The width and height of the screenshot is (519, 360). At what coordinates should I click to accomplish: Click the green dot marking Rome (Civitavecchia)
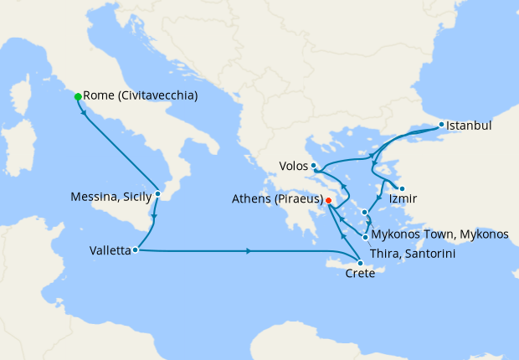(78, 97)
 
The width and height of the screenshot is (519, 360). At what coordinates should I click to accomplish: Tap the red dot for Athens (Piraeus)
(329, 201)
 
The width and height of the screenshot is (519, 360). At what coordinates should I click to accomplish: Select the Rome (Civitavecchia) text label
(141, 96)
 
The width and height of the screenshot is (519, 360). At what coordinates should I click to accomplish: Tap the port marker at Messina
(158, 193)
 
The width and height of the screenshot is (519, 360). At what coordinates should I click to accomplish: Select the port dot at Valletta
(136, 249)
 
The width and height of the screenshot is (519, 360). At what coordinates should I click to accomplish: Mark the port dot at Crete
(360, 264)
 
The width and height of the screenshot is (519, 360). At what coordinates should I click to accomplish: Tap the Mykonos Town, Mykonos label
(439, 234)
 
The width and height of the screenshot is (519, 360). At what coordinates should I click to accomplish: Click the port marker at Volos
(313, 166)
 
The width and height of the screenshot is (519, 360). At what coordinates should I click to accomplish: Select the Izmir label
(403, 200)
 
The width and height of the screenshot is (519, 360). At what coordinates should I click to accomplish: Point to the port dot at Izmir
(402, 188)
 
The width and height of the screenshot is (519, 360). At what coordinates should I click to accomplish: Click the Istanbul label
(469, 126)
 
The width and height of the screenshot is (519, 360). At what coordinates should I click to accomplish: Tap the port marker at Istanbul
(442, 126)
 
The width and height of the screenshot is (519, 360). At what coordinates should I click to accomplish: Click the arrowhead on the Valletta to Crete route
(249, 251)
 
